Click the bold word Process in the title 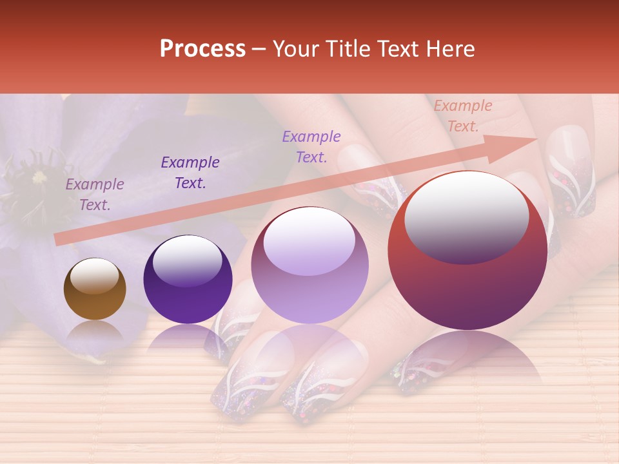click(202, 49)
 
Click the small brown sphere click(95, 289)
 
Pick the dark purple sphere click(188, 280)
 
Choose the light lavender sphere click(310, 266)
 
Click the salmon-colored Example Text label click(462, 116)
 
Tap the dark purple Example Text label click(190, 172)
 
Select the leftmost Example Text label click(95, 194)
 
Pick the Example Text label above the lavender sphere click(311, 146)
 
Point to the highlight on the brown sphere click(94, 276)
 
